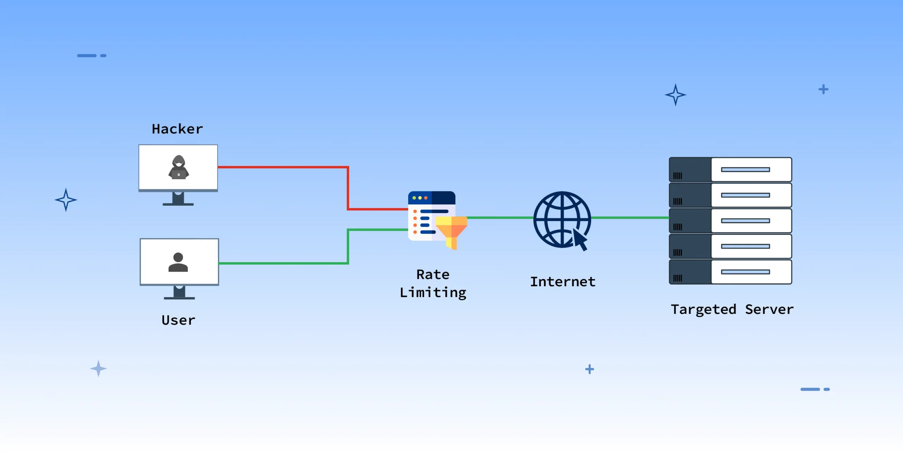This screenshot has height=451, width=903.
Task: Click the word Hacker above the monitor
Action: click(x=177, y=129)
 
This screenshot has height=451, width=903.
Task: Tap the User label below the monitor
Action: click(x=178, y=320)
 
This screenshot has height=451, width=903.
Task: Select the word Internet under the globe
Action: click(x=563, y=282)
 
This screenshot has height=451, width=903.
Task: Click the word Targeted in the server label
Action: click(x=703, y=309)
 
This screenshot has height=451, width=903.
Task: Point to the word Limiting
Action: click(x=433, y=293)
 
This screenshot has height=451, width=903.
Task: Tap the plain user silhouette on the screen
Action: click(x=178, y=262)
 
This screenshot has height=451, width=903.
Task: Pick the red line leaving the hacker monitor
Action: click(x=282, y=167)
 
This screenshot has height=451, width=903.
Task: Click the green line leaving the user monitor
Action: click(x=282, y=263)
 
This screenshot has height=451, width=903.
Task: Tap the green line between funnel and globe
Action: click(x=499, y=218)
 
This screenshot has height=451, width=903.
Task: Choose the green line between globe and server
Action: click(x=630, y=218)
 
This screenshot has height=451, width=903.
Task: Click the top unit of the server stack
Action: click(x=730, y=169)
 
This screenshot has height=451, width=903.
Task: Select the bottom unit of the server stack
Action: click(x=730, y=272)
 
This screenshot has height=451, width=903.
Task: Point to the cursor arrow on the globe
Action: click(x=580, y=240)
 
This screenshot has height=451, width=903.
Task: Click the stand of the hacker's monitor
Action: click(x=178, y=199)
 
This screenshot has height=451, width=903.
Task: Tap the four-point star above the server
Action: click(x=675, y=95)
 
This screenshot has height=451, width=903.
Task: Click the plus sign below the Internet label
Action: click(x=589, y=369)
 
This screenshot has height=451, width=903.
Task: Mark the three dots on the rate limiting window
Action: click(x=420, y=198)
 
